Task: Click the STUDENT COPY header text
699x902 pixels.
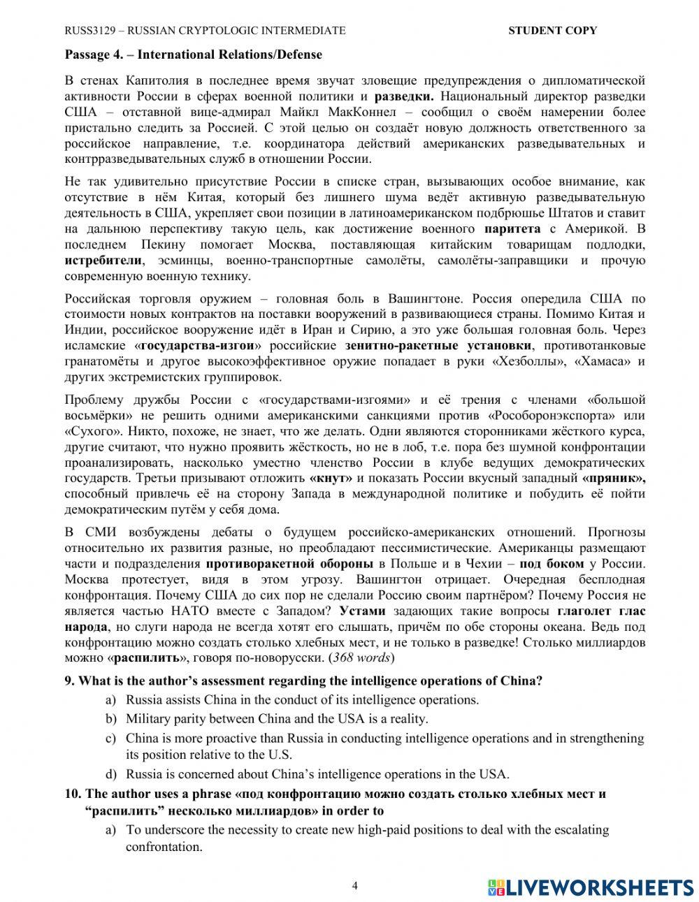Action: (552, 30)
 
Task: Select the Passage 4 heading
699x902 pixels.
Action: (193, 54)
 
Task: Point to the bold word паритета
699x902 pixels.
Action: (512, 229)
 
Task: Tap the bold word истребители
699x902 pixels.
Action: (103, 261)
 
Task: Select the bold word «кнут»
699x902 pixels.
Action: (332, 479)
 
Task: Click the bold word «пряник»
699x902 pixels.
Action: (613, 479)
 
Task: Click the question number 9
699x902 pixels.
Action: (69, 681)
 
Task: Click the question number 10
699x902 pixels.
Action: (73, 794)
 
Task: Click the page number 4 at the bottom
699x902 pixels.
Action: (354, 887)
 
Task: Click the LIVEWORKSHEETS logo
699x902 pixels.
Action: (591, 887)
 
